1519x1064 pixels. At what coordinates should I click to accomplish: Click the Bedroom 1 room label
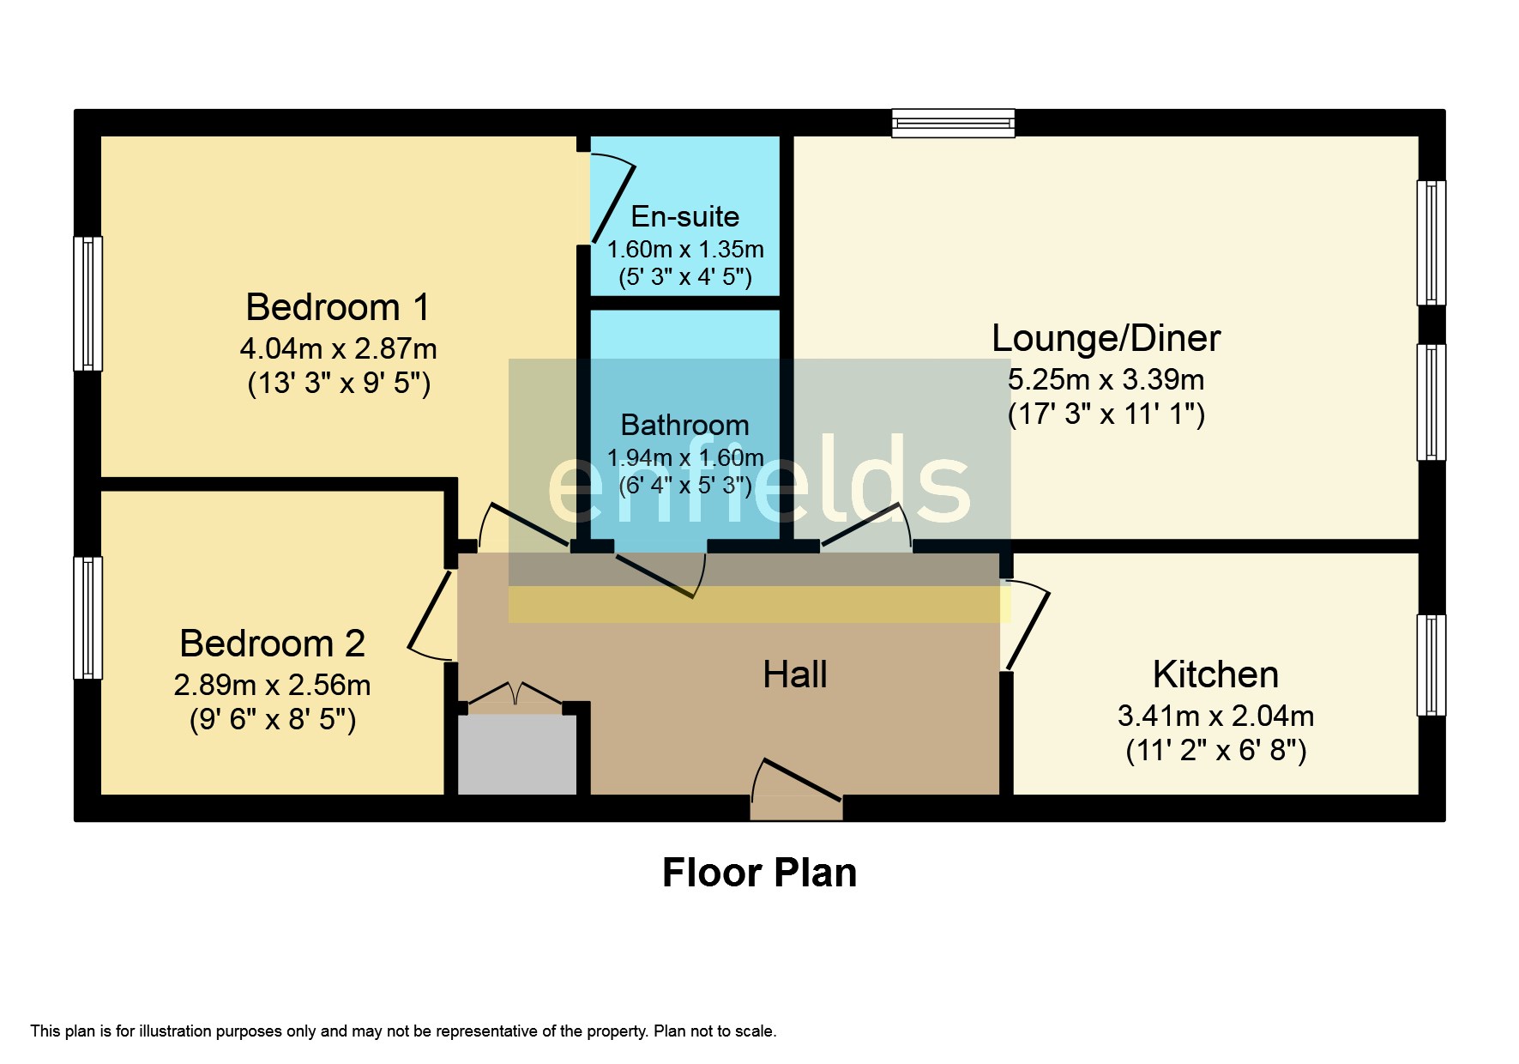[x=338, y=307]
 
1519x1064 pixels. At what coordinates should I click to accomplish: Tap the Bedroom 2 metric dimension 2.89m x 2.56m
[x=272, y=685]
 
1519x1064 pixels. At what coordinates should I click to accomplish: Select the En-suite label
[x=684, y=216]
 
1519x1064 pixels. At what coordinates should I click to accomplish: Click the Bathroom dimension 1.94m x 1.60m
[x=684, y=457]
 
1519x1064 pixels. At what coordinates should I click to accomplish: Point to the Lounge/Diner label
[x=1106, y=338]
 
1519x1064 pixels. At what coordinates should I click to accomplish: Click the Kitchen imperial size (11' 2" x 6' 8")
[x=1215, y=751]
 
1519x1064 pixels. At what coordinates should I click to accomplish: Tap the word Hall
[x=795, y=674]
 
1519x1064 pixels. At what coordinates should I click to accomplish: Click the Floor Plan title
[x=759, y=873]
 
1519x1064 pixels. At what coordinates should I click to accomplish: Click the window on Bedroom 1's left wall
[x=87, y=304]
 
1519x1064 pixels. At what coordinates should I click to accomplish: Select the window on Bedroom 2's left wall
[x=87, y=618]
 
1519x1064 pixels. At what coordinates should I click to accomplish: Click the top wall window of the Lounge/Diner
[x=953, y=124]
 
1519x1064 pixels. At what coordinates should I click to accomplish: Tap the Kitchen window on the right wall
[x=1431, y=665]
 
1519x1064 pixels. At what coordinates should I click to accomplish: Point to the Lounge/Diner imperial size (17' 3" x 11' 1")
[x=1106, y=414]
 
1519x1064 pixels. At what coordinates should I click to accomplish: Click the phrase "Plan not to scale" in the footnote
[x=714, y=1031]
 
